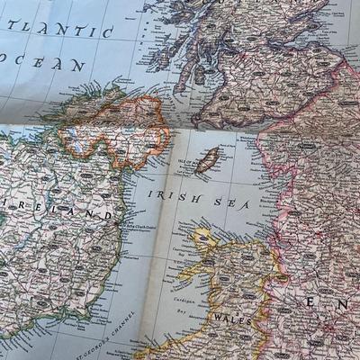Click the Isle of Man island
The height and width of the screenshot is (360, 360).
pos(209,160)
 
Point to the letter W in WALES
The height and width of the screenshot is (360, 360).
pos(217,316)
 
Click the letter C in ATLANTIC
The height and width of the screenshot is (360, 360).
pos(105,32)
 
